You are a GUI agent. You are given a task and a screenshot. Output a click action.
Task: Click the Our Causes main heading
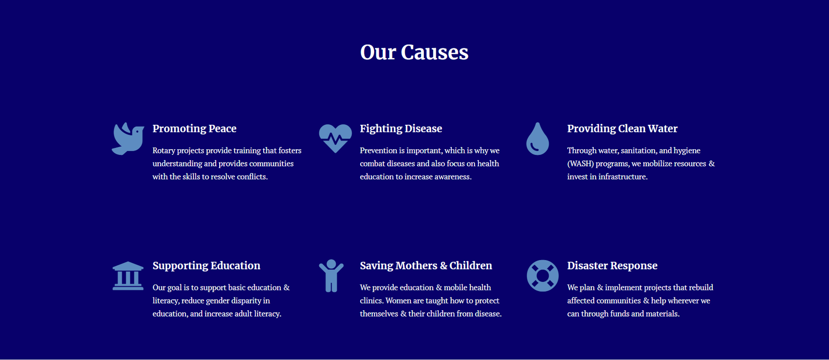click(414, 52)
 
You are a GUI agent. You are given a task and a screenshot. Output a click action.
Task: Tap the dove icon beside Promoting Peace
click(128, 139)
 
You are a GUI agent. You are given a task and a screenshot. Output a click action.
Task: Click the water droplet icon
click(537, 139)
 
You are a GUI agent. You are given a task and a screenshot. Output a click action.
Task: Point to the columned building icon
click(128, 276)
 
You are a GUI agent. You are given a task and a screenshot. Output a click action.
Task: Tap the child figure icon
click(331, 276)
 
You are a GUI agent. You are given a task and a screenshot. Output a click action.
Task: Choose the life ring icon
click(542, 276)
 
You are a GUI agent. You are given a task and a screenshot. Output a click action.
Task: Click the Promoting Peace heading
click(194, 128)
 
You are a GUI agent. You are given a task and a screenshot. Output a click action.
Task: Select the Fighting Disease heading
click(401, 128)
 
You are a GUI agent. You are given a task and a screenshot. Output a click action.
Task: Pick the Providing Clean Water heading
click(622, 128)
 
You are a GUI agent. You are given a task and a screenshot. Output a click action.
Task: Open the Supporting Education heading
click(206, 266)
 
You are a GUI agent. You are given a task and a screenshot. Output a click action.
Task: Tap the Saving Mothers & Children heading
click(426, 266)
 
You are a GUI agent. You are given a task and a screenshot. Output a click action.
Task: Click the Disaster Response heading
click(612, 266)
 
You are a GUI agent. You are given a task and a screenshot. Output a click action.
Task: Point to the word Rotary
click(164, 151)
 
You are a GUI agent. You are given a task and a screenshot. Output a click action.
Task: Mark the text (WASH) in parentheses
click(580, 164)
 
